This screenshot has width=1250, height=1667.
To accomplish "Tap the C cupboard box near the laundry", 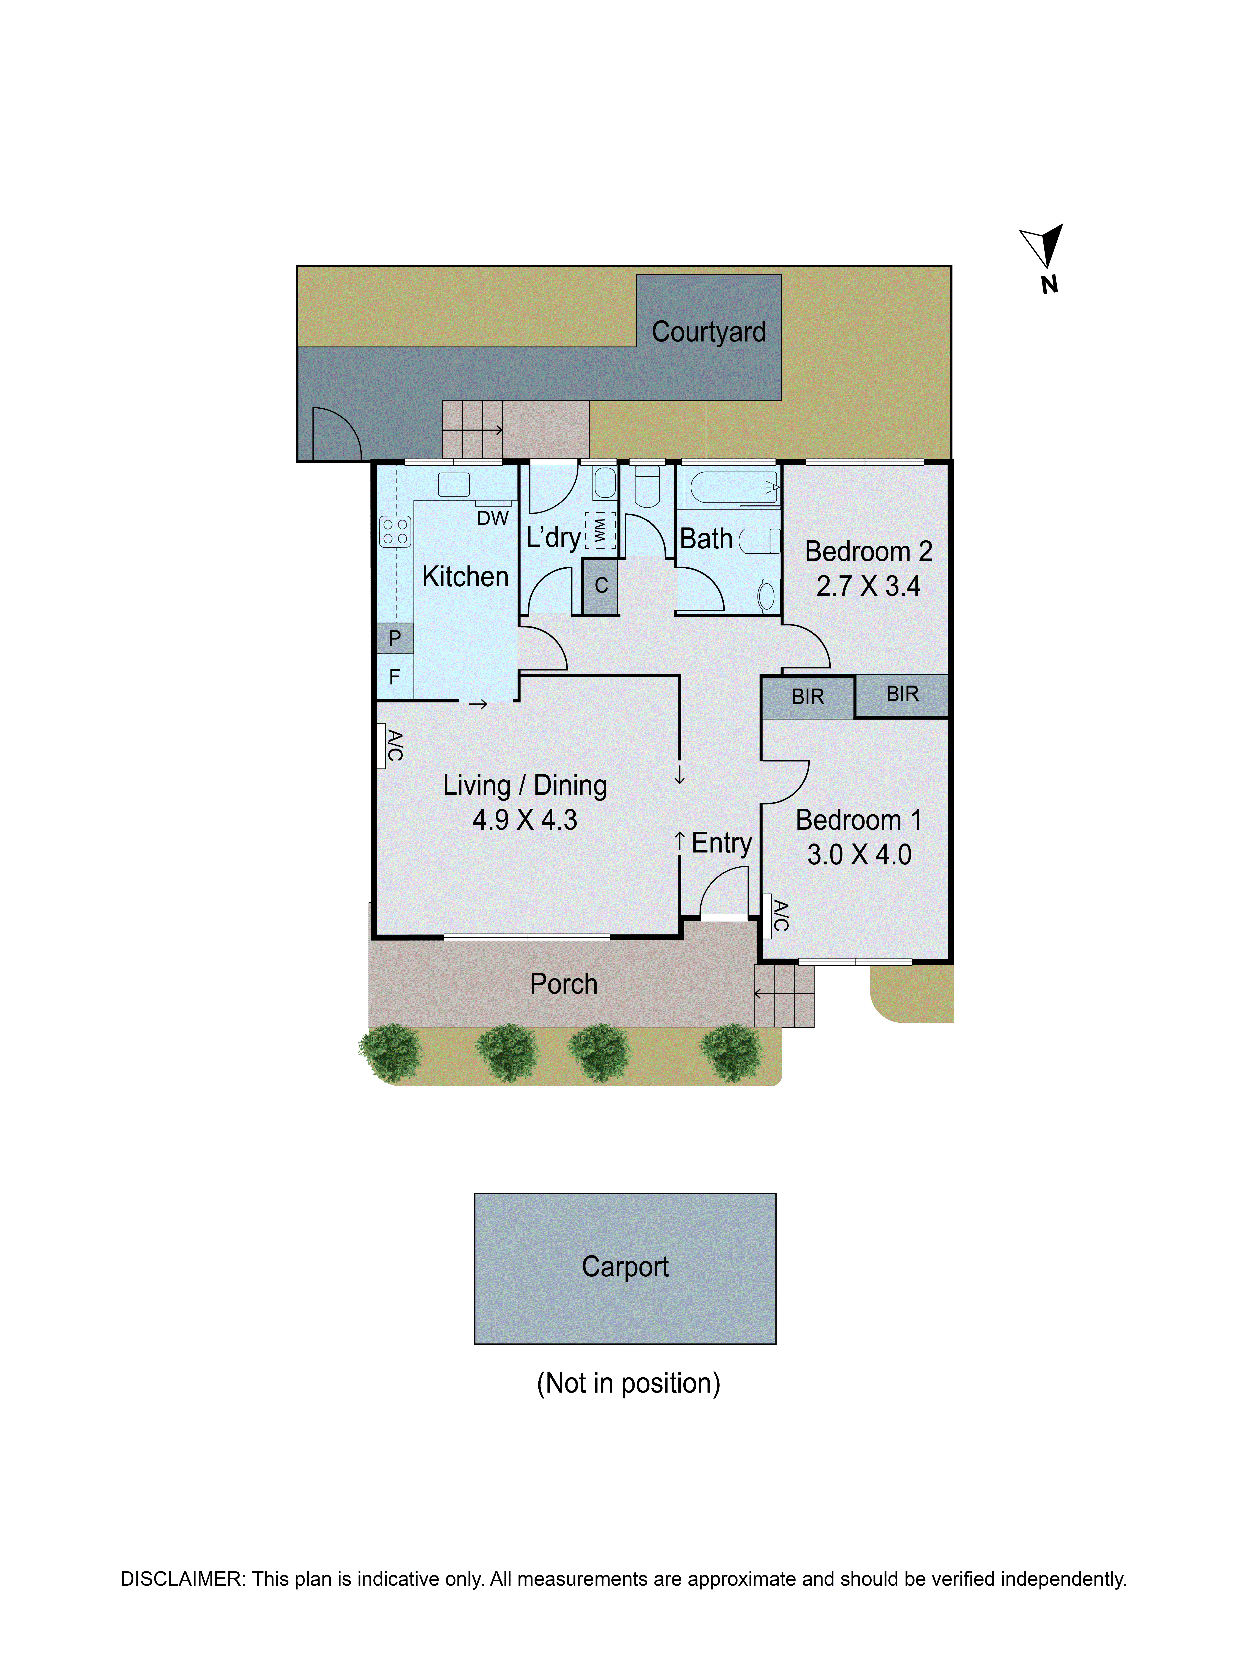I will pos(600,585).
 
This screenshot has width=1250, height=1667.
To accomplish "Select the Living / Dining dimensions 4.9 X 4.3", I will pos(524,820).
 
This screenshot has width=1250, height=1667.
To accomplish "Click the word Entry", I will pos(721,843).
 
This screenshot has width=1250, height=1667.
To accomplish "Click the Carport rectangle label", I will pos(625,1267).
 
